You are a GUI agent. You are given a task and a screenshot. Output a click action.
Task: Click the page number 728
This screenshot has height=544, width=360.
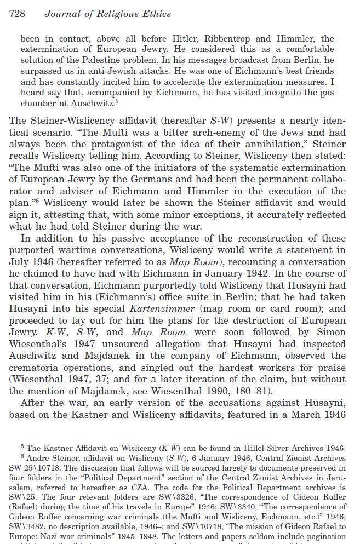pos(17,14)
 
